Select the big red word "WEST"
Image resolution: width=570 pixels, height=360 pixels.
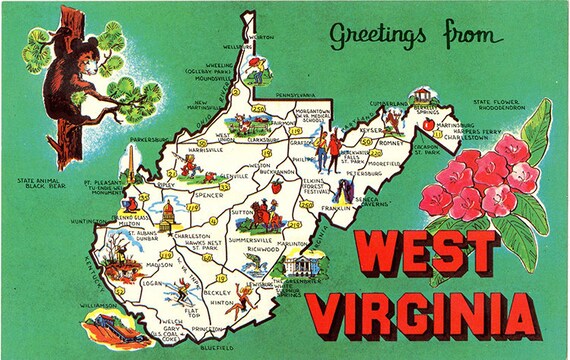433,253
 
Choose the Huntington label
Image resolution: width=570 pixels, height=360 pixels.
90,223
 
